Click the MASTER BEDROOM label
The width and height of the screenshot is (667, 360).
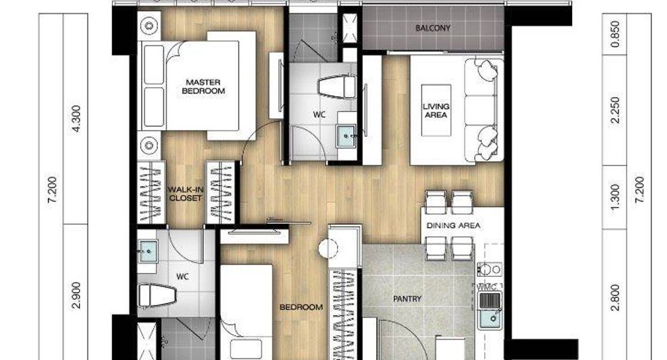[x=203, y=86]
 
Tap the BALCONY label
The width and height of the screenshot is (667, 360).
[x=433, y=28]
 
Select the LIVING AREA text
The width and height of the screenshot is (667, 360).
[x=436, y=110]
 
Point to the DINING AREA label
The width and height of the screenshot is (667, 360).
[x=453, y=225]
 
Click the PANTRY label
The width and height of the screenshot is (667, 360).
[x=407, y=299]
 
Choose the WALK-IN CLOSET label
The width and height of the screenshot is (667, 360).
[x=185, y=194]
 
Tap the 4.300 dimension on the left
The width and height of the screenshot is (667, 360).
[x=76, y=119]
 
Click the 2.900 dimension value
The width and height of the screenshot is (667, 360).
[x=76, y=295]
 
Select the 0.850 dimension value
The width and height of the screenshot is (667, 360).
[x=615, y=34]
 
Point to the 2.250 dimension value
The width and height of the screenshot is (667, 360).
[x=615, y=110]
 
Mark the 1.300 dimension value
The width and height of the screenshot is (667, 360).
[x=615, y=197]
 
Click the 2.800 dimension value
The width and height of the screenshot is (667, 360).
[x=615, y=298]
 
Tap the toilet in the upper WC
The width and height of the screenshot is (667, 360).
[x=337, y=86]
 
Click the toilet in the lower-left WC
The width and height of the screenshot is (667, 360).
[x=157, y=295]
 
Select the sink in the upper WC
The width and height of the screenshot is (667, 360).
[x=346, y=136]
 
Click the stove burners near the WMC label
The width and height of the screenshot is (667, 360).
[x=489, y=269]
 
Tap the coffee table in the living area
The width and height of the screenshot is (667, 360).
[x=436, y=110]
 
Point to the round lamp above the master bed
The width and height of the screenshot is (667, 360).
[x=149, y=26]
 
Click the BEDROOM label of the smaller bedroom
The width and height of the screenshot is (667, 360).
[x=301, y=307]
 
